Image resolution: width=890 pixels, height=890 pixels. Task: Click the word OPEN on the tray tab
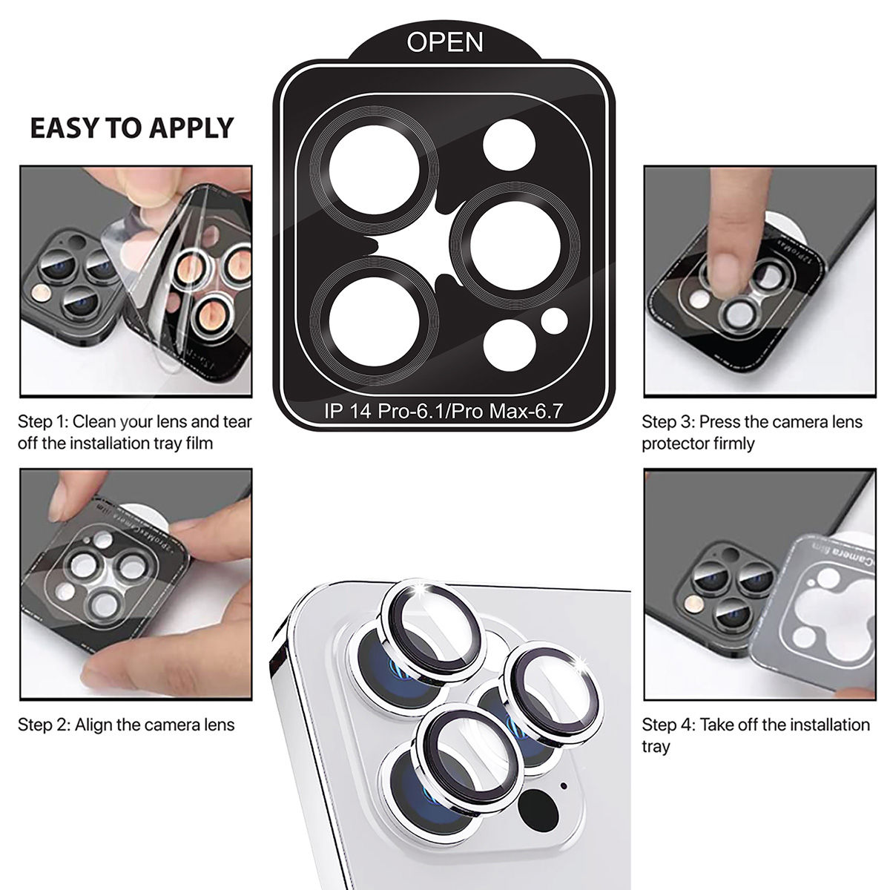[x=445, y=42]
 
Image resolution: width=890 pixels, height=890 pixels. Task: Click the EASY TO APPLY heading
[x=131, y=128]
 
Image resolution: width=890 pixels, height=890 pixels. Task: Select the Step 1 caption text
[x=134, y=432]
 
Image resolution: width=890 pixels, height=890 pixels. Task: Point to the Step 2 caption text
[x=126, y=725]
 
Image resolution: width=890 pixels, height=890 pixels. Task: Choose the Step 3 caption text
[x=751, y=432]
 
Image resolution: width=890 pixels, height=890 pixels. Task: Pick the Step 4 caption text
[x=755, y=734]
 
